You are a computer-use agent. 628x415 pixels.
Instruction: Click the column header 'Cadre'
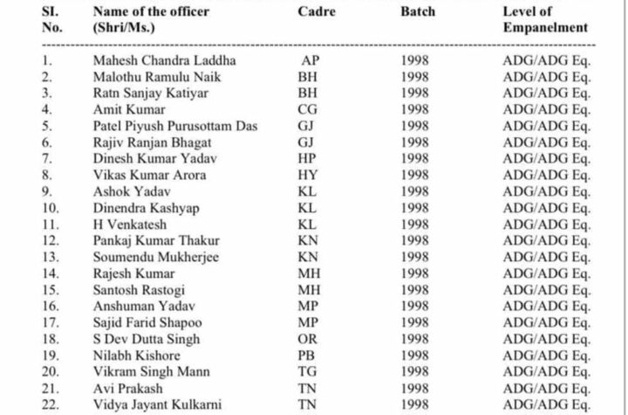pos(317,11)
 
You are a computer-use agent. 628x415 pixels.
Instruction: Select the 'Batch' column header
pos(419,11)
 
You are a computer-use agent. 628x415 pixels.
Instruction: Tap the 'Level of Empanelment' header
pos(545,19)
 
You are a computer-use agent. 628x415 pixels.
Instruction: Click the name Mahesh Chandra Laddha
pos(165,60)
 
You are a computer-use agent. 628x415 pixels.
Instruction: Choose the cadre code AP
pos(311,60)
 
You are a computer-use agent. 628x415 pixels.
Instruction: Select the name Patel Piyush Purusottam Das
pos(175,126)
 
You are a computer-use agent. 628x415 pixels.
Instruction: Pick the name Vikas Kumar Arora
pos(149,176)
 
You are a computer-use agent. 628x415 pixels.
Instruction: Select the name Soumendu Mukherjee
pos(156,257)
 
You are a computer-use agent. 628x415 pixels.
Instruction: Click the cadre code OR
pos(309,339)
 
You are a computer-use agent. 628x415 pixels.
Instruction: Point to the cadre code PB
pos(308,356)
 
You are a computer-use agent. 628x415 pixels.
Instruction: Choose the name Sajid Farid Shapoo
pos(147,322)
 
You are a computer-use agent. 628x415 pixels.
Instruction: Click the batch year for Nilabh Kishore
pos(415,356)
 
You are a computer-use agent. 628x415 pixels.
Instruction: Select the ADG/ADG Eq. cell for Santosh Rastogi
pos(547,290)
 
